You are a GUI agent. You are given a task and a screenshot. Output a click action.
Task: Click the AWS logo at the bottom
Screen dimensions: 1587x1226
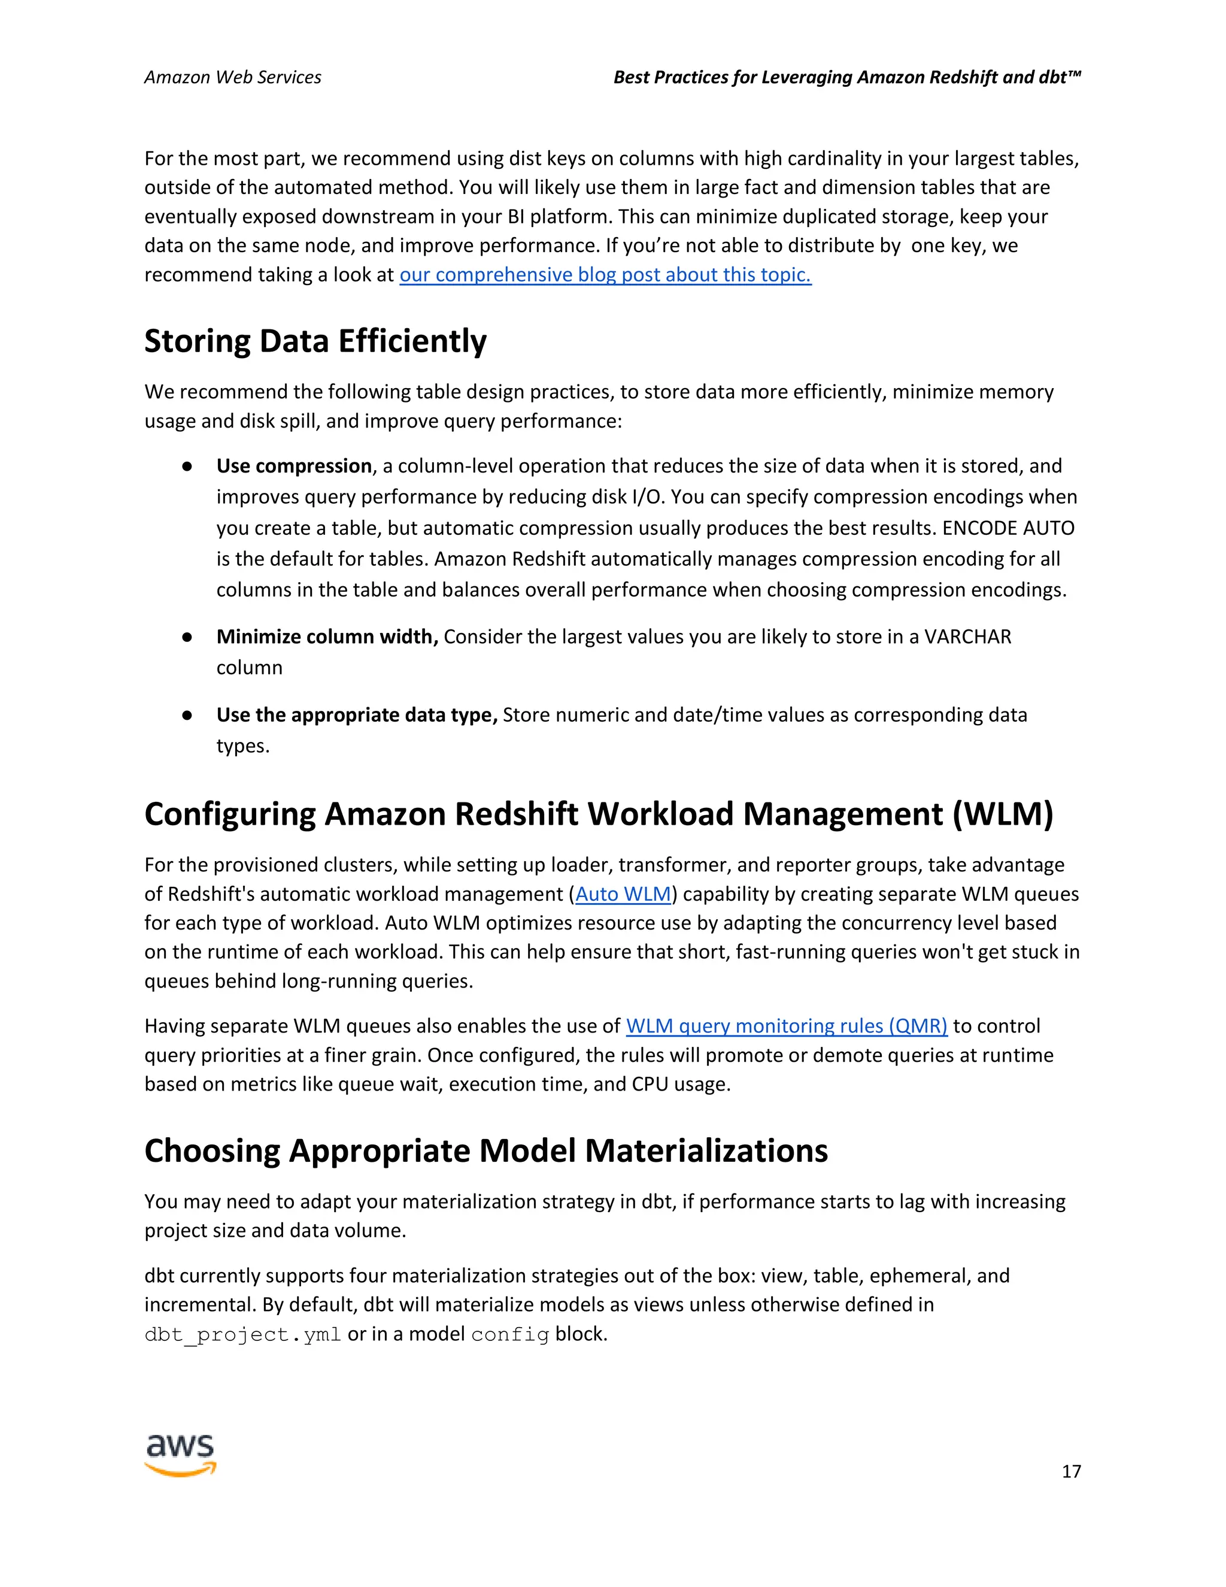click(x=181, y=1455)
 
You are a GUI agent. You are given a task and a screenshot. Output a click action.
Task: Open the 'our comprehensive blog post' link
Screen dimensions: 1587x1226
click(x=605, y=275)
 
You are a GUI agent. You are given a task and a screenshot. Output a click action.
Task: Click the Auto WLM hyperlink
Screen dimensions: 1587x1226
click(x=623, y=894)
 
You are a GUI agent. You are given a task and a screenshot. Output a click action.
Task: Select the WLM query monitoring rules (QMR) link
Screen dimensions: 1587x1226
click(x=787, y=1026)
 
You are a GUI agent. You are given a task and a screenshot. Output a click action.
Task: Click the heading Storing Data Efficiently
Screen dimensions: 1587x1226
click(x=315, y=341)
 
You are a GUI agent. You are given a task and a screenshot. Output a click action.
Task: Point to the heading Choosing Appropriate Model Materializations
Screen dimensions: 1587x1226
click(x=486, y=1151)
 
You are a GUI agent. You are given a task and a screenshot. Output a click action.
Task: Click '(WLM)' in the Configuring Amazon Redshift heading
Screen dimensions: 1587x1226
click(x=1002, y=814)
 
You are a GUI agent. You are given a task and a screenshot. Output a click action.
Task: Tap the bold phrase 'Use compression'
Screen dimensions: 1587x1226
click(x=294, y=466)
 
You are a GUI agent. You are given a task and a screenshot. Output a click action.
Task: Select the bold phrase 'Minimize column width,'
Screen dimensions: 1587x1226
click(x=327, y=637)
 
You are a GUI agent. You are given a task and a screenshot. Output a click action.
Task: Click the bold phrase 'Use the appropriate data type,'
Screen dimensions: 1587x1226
click(x=357, y=715)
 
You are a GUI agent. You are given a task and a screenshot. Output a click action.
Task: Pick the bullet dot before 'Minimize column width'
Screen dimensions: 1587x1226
click(x=187, y=637)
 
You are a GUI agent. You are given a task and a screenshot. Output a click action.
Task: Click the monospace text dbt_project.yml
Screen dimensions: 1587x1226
click(x=242, y=1335)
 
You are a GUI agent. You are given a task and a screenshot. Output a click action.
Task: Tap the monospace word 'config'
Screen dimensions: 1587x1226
click(x=510, y=1335)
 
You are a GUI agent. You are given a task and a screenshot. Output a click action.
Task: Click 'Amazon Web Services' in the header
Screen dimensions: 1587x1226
click(x=232, y=78)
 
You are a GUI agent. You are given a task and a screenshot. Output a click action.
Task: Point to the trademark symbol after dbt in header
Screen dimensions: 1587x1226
click(x=1075, y=74)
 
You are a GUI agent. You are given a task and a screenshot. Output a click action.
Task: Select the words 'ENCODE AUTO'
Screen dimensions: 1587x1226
click(x=1008, y=528)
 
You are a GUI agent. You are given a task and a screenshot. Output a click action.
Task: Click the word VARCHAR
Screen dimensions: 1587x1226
click(x=967, y=637)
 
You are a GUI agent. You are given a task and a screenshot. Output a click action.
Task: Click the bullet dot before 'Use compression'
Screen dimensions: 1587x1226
click(x=187, y=467)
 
